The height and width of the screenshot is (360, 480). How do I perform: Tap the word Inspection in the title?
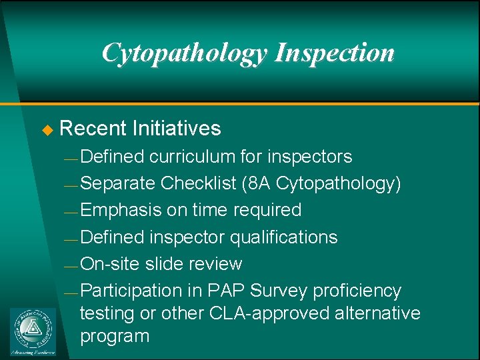pos(335,53)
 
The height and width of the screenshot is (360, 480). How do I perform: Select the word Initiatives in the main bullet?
pos(177,128)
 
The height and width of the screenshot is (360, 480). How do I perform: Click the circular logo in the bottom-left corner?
pos(33,328)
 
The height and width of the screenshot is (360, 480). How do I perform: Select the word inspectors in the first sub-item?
pos(309,157)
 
